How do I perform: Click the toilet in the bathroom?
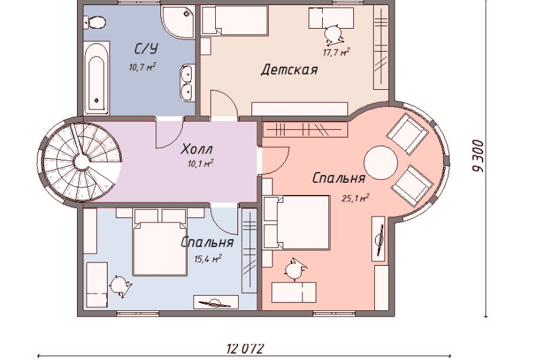coord(95,23)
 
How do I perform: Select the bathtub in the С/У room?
coord(96,78)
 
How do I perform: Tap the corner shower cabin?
coord(178,22)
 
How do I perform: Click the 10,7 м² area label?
coord(142,67)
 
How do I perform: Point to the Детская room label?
coord(289,70)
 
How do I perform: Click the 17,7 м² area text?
coord(336,52)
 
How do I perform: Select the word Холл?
coord(197,149)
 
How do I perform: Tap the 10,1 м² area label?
coord(201,164)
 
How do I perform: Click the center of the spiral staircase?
coord(81,161)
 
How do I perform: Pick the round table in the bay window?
coord(381,163)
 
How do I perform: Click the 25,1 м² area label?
coord(355,198)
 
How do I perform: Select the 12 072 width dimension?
coord(246,349)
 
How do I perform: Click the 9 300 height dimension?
coord(479,156)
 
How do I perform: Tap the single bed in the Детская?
coord(234,20)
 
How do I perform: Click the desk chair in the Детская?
coord(334,35)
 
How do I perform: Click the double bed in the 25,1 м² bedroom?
coord(297,222)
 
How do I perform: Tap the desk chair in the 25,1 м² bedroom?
coord(295,270)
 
